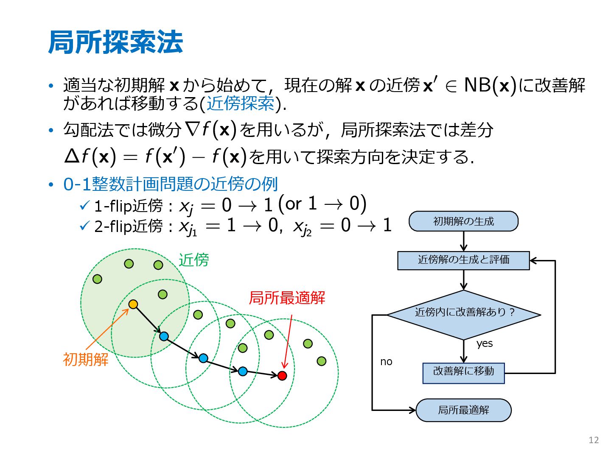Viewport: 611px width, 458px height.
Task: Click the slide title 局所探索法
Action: coord(115,42)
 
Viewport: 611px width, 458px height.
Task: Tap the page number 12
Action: coord(594,440)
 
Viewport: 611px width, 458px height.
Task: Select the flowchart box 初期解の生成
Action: coord(463,221)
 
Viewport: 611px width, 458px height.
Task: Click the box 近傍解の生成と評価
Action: coord(463,260)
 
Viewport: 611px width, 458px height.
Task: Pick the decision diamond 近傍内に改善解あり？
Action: coord(464,314)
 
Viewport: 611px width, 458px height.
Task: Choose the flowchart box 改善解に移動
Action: coord(463,373)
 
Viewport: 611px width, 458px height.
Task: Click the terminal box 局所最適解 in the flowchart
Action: coord(463,410)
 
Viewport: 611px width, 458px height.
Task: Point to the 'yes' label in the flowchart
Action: coord(485,343)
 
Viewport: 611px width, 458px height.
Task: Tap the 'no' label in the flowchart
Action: coord(386,362)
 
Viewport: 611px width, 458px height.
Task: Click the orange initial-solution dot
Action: coord(133,304)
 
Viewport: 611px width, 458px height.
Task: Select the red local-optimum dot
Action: coord(282,375)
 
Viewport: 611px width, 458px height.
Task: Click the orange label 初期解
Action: coord(86,360)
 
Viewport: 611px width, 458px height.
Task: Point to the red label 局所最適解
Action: coord(287,298)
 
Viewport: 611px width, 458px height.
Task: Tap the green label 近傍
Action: coord(193,260)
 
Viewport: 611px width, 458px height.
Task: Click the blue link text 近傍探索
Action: coord(241,103)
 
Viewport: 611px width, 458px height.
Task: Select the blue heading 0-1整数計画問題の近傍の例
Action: coord(170,184)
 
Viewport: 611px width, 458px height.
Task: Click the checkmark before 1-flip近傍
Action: coord(84,206)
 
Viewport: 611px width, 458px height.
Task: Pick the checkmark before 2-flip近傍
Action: coord(84,226)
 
